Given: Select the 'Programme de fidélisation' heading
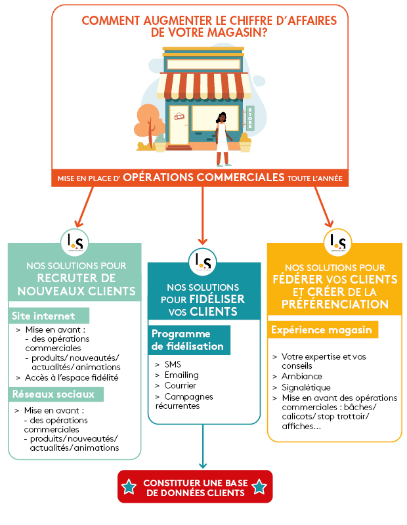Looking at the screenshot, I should [190, 340].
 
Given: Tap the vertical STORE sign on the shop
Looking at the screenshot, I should [250, 117].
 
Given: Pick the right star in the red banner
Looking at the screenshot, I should [259, 486].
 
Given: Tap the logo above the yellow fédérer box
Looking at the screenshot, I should [338, 241].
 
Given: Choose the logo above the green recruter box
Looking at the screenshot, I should [74, 241].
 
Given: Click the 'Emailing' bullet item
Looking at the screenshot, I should [177, 375].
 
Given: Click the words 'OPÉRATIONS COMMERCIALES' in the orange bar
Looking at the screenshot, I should [203, 178].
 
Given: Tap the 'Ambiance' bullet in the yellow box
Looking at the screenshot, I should [302, 377].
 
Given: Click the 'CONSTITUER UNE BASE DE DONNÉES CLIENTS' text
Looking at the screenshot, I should [194, 486].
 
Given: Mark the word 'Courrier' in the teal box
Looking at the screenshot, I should [180, 385].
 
